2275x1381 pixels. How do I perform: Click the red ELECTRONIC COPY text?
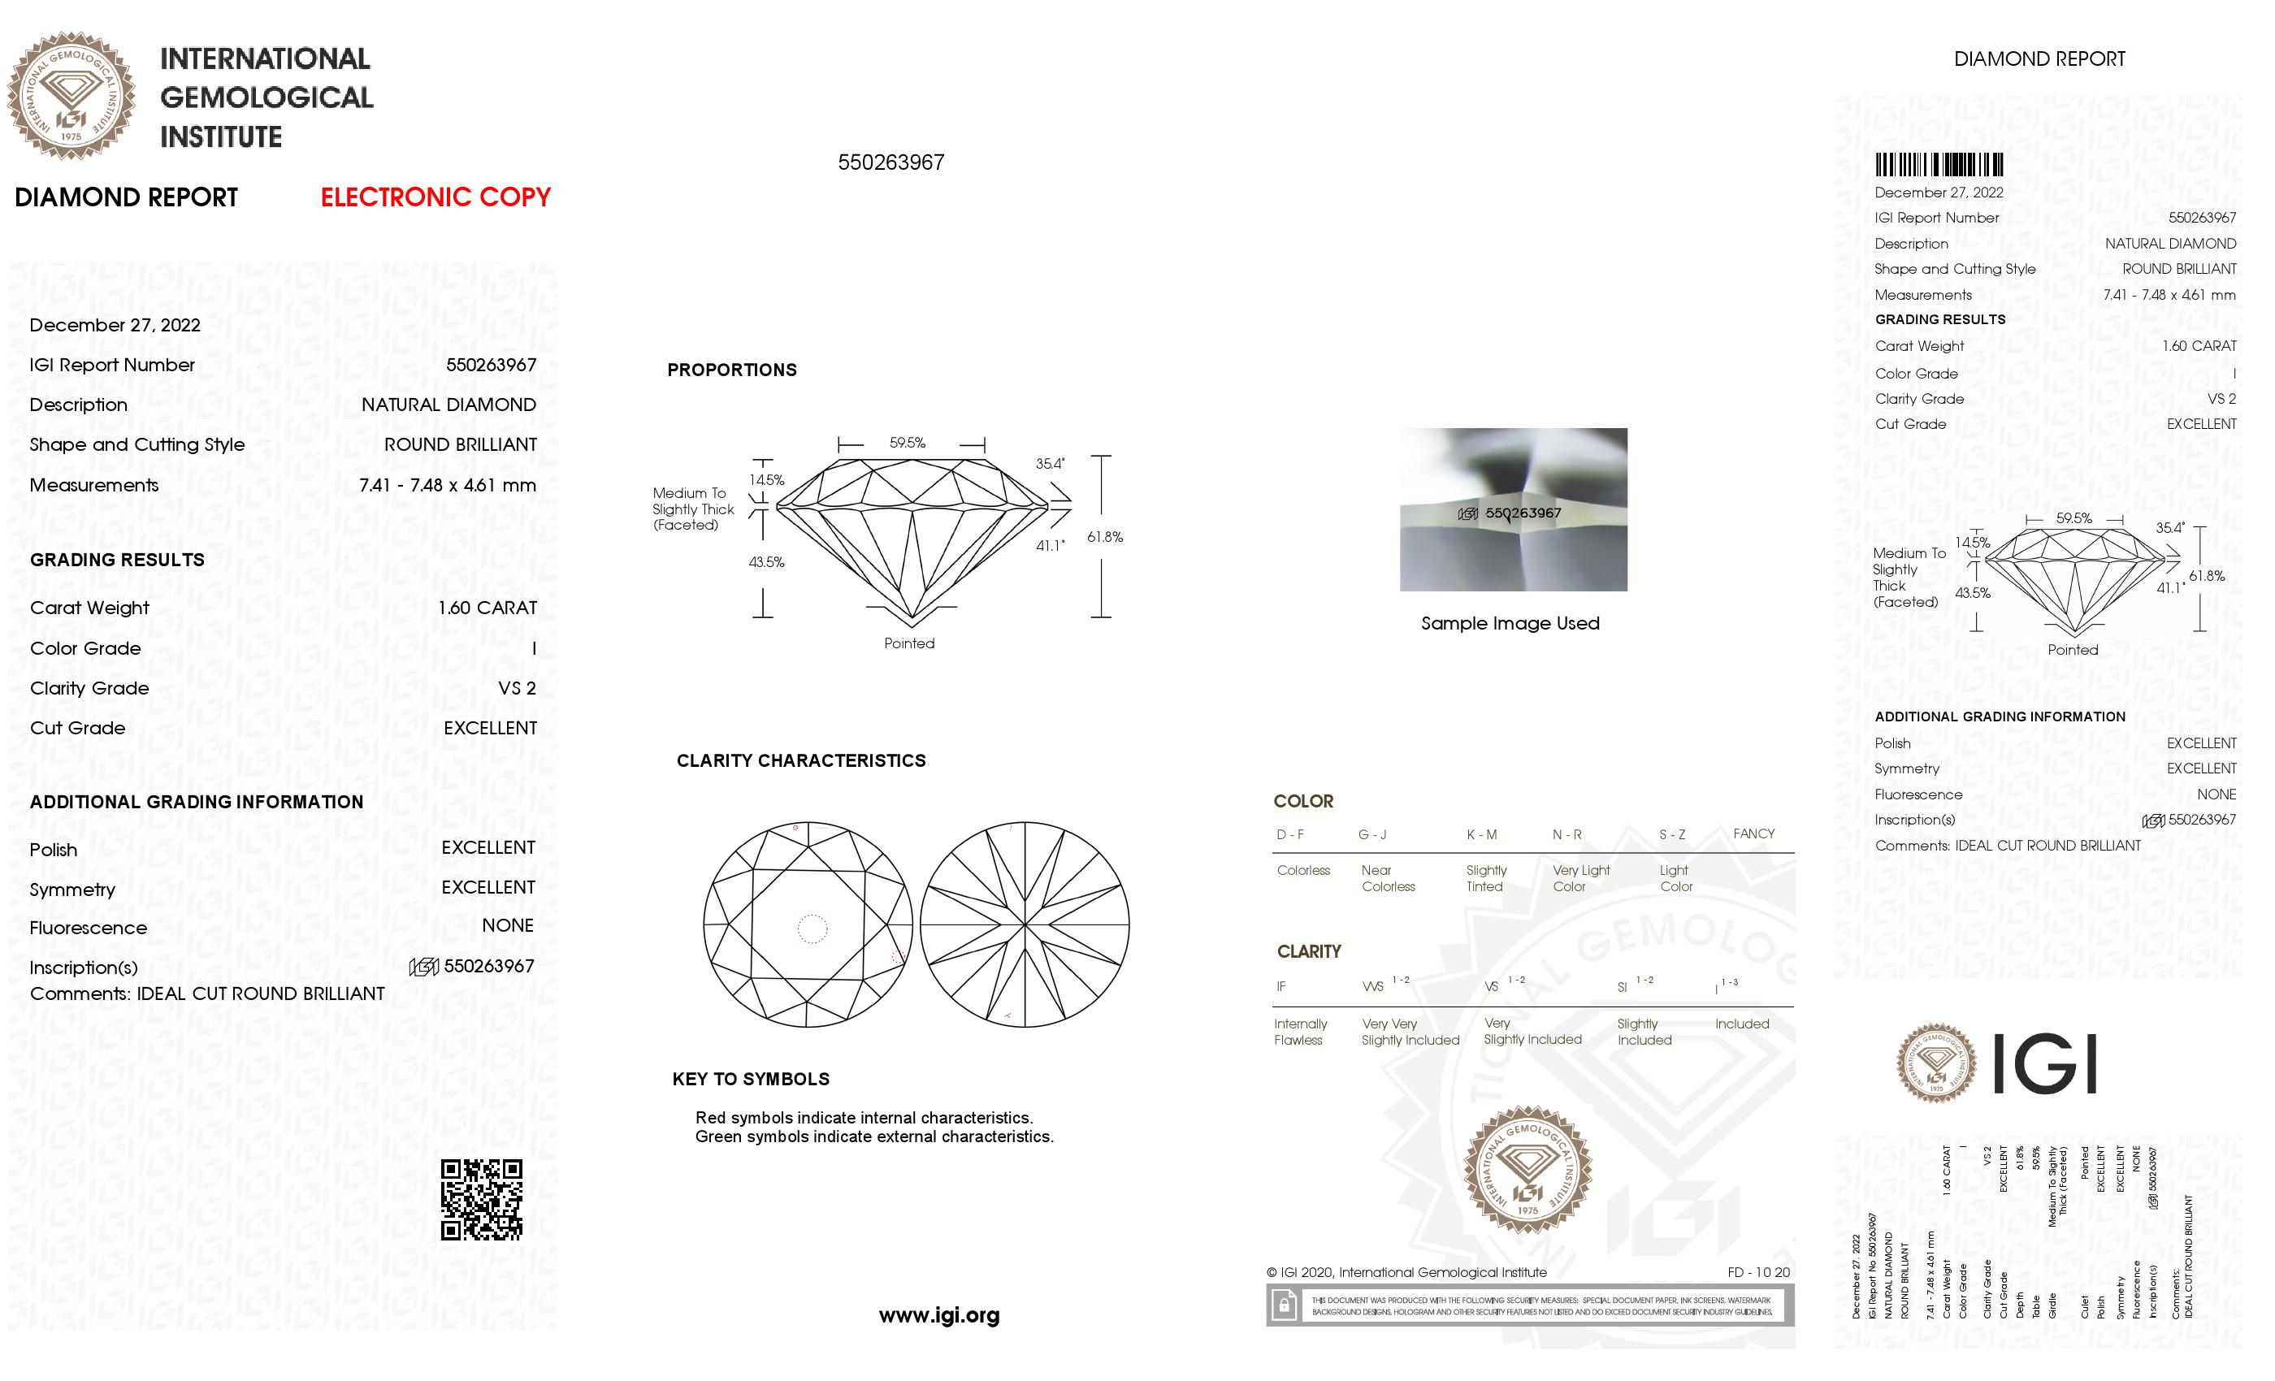435,197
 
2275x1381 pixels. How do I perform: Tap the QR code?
481,1199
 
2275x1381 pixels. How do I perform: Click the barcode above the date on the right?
1938,165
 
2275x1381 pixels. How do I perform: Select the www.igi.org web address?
939,1315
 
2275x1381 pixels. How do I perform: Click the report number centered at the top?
891,162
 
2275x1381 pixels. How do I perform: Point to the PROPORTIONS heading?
731,370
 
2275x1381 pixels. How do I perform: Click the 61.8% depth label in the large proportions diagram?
1104,537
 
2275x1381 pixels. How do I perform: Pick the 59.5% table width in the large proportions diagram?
908,443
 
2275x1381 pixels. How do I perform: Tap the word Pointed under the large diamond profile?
909,643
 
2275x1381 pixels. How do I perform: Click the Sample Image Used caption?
1510,623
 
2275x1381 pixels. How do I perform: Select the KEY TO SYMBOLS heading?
751,1079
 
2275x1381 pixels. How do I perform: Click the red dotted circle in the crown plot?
812,929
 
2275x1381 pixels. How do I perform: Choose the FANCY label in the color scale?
1753,833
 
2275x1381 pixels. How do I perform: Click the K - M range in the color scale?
1482,834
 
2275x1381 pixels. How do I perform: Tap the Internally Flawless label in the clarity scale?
1300,1032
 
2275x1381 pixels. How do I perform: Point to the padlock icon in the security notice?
1284,1305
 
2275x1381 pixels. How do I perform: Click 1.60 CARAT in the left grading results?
487,608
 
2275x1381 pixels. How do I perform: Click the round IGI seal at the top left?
71,96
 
